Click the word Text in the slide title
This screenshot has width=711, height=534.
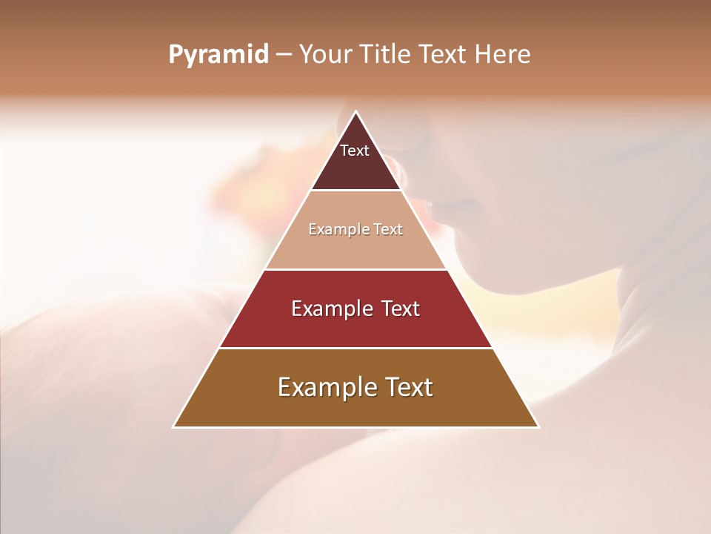(x=443, y=55)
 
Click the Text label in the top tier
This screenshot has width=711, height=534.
(x=355, y=151)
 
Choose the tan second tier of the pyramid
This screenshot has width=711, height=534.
(x=355, y=248)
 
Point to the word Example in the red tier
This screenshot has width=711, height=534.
(x=330, y=309)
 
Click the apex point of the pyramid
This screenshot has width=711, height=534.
(x=355, y=113)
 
